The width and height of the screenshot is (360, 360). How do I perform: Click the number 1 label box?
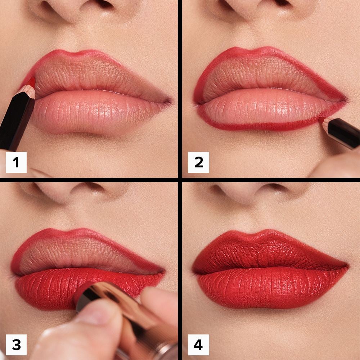coord(16,162)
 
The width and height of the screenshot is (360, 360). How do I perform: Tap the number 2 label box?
coord(198,162)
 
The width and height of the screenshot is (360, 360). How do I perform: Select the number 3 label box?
coord(16,344)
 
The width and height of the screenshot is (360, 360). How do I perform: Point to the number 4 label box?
coord(198,344)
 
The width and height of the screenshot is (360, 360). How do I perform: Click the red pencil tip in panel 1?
coord(32,82)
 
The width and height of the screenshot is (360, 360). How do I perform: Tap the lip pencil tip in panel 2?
coord(321,120)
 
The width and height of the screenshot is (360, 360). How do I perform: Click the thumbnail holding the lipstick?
coord(90,313)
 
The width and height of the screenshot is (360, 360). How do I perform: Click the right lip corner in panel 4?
coord(346,267)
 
